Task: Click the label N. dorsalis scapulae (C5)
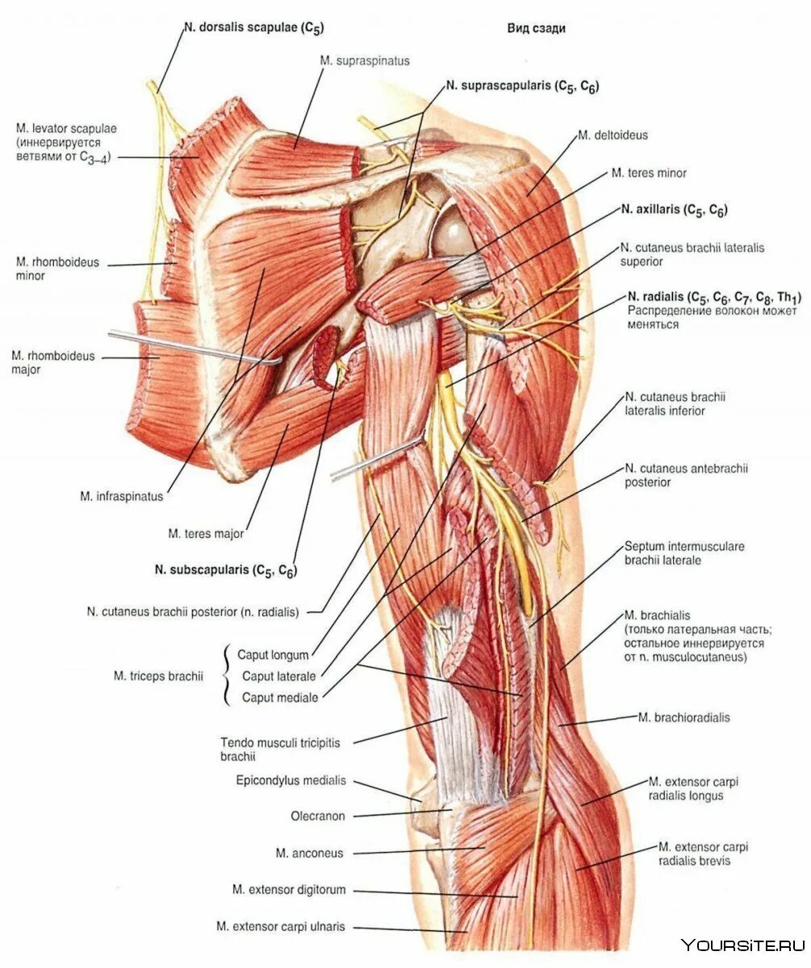coord(253,28)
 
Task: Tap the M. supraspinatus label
coord(364,60)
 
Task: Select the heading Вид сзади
coord(536,28)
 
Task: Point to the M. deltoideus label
coord(612,136)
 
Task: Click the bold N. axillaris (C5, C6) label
coord(674,210)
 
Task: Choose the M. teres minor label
coord(648,173)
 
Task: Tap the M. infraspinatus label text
coord(121,497)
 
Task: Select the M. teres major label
coord(206,533)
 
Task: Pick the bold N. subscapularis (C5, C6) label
coord(226,570)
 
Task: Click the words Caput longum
coord(273,654)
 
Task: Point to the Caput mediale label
coord(280,698)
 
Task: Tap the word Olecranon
coord(317,816)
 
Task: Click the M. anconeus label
coord(309,853)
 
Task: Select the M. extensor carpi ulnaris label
coord(280,927)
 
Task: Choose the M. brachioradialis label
coord(683,717)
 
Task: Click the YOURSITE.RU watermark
coord(742,945)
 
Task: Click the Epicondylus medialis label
coord(291,780)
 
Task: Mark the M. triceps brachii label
coord(157,676)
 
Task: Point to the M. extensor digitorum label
coord(289,890)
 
